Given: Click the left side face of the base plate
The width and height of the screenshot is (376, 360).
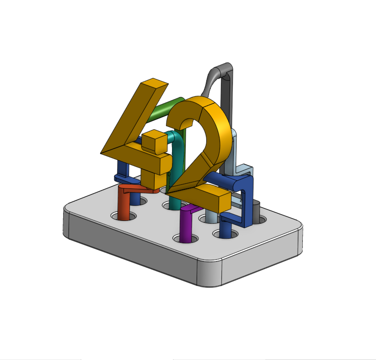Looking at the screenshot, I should tap(128, 252).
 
